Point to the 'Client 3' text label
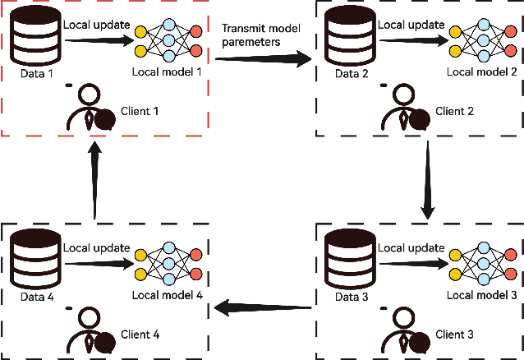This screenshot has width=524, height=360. tap(455, 334)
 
